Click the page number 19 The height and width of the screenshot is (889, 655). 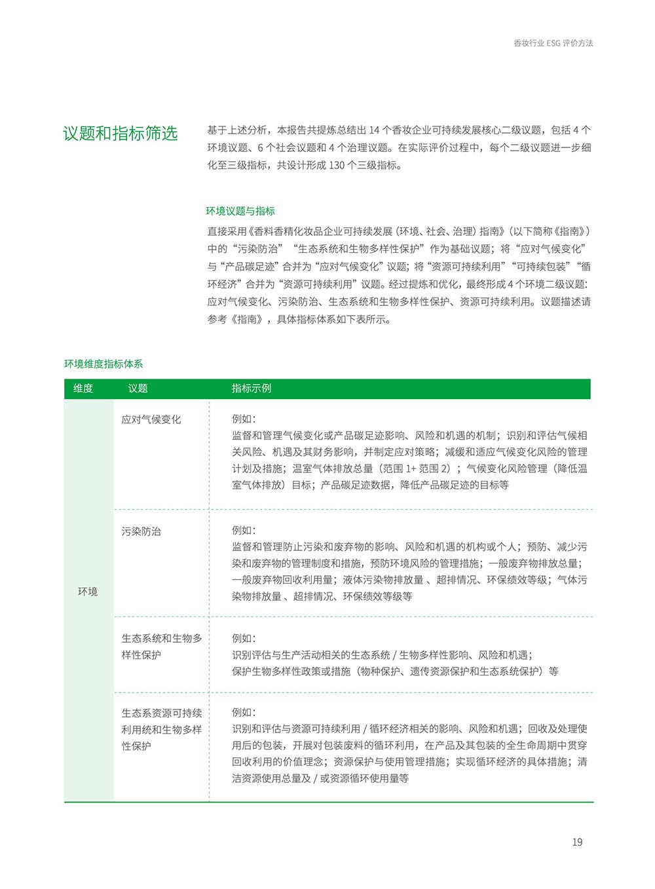pyautogui.click(x=577, y=842)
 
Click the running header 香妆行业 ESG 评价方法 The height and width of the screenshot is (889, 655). pyautogui.click(x=553, y=43)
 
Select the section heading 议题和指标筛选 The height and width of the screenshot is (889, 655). pyautogui.click(x=121, y=133)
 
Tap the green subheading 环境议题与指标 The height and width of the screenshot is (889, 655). pyautogui.click(x=240, y=211)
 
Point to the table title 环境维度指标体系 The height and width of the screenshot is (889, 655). pyautogui.click(x=103, y=364)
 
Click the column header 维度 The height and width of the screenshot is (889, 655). pyautogui.click(x=83, y=388)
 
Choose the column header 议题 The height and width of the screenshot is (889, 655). pyautogui.click(x=138, y=388)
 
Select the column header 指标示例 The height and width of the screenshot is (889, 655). pyautogui.click(x=251, y=388)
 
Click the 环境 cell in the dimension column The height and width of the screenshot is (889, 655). pyautogui.click(x=88, y=592)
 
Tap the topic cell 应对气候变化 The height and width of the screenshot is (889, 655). pyautogui.click(x=151, y=419)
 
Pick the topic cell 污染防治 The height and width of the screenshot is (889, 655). pyautogui.click(x=141, y=531)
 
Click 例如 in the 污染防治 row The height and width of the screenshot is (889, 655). pyautogui.click(x=244, y=531)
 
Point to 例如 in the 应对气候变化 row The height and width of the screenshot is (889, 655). pyautogui.click(x=244, y=419)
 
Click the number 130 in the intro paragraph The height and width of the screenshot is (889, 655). pyautogui.click(x=337, y=165)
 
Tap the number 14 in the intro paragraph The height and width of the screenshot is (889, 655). pyautogui.click(x=375, y=130)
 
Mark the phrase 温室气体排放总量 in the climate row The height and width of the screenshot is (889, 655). pyautogui.click(x=333, y=468)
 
